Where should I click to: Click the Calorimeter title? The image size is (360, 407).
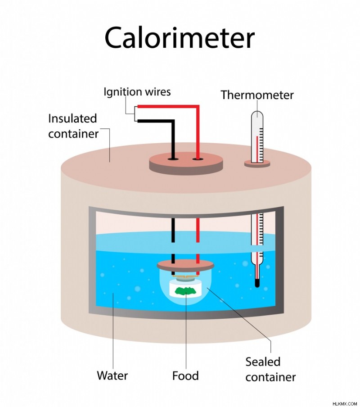click(x=180, y=38)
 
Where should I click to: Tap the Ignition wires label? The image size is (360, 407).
click(x=137, y=92)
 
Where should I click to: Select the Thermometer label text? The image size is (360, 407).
click(x=257, y=95)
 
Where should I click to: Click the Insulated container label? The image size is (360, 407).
click(x=73, y=126)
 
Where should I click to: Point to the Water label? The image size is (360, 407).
click(x=112, y=375)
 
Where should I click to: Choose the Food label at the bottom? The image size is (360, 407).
click(x=185, y=376)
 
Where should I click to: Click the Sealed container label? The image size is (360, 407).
click(x=270, y=370)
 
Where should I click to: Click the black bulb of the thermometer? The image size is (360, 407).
click(x=257, y=283)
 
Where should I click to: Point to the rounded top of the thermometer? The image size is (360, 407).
click(x=257, y=114)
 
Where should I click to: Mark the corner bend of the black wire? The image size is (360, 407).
click(x=172, y=121)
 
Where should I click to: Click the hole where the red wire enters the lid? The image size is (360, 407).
click(x=198, y=158)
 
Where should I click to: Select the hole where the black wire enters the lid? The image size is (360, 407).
click(x=172, y=158)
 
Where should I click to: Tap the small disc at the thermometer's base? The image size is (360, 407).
click(x=257, y=163)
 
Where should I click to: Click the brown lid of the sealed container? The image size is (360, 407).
click(x=185, y=265)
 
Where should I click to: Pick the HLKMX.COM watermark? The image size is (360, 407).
click(x=345, y=404)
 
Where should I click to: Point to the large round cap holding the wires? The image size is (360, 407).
click(x=186, y=163)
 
